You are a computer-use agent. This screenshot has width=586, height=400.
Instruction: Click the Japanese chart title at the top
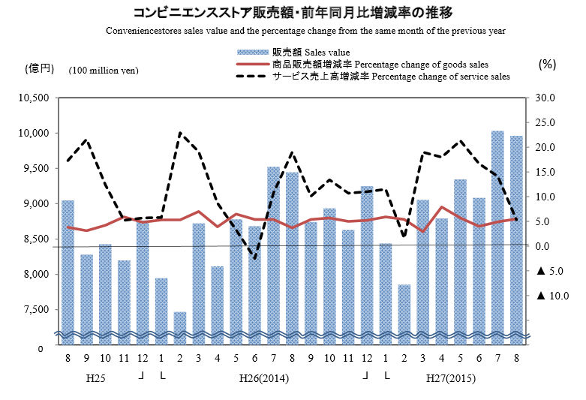tap(293, 13)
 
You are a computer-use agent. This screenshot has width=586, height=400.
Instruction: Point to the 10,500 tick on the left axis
tap(34, 98)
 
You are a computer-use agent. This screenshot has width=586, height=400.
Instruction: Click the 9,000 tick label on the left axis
tap(36, 203)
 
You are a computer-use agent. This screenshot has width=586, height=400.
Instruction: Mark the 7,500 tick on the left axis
tap(36, 309)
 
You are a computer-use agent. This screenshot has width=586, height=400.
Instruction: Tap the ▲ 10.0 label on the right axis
tap(545, 296)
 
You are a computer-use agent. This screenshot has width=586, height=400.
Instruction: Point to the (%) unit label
tap(547, 65)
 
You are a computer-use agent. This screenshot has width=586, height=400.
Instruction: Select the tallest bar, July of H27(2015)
tap(497, 233)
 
